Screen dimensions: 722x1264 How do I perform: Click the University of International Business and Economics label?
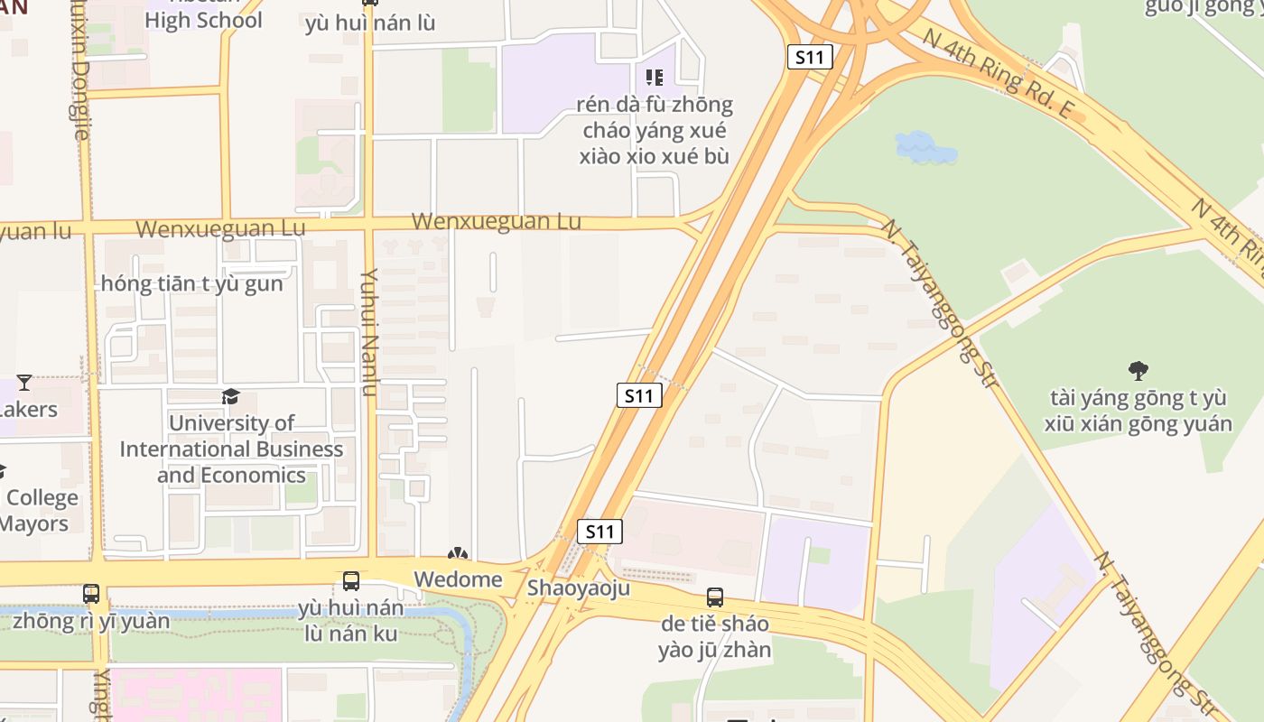[x=231, y=449]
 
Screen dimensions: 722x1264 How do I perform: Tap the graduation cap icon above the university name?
[x=231, y=396]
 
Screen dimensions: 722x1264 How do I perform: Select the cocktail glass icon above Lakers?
[x=24, y=383]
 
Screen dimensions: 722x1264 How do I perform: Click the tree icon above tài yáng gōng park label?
[x=1139, y=369]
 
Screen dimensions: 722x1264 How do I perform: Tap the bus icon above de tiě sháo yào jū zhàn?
[x=715, y=597]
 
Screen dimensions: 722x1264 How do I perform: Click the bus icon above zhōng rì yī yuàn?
[x=91, y=593]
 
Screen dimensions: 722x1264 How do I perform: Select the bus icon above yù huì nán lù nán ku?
[x=351, y=581]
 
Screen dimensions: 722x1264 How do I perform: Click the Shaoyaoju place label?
[x=578, y=588]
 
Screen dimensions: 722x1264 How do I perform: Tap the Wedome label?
[x=458, y=579]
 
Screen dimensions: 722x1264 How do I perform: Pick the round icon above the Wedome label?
[x=458, y=553]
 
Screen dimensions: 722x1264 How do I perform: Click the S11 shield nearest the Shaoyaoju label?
[x=599, y=532]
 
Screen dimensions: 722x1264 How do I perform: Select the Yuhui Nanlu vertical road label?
[x=368, y=332]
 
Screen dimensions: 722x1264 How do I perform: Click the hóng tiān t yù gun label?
[x=191, y=283]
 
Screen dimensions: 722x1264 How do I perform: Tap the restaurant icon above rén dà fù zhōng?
[x=655, y=78]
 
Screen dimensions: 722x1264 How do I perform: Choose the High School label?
[x=203, y=20]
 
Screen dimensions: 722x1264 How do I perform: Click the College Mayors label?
[x=41, y=511]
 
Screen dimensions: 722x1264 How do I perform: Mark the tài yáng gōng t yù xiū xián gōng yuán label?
[x=1139, y=411]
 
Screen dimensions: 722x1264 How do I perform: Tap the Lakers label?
[x=29, y=409]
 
